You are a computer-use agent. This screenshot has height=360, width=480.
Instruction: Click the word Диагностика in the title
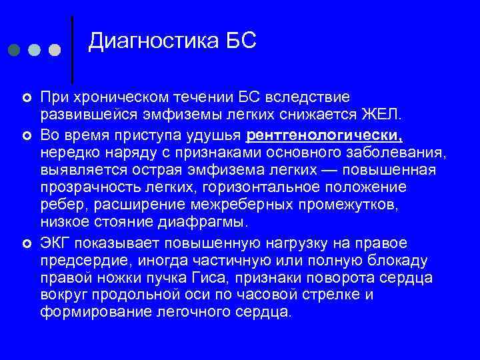[x=151, y=41]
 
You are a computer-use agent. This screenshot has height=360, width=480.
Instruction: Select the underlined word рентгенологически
[x=325, y=135]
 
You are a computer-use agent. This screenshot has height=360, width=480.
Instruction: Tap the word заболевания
[x=393, y=153]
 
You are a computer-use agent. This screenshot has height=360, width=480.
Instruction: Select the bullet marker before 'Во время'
[x=25, y=136]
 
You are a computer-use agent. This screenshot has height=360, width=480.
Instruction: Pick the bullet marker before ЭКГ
[x=25, y=243]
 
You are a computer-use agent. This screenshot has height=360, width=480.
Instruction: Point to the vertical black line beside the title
[x=72, y=50]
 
